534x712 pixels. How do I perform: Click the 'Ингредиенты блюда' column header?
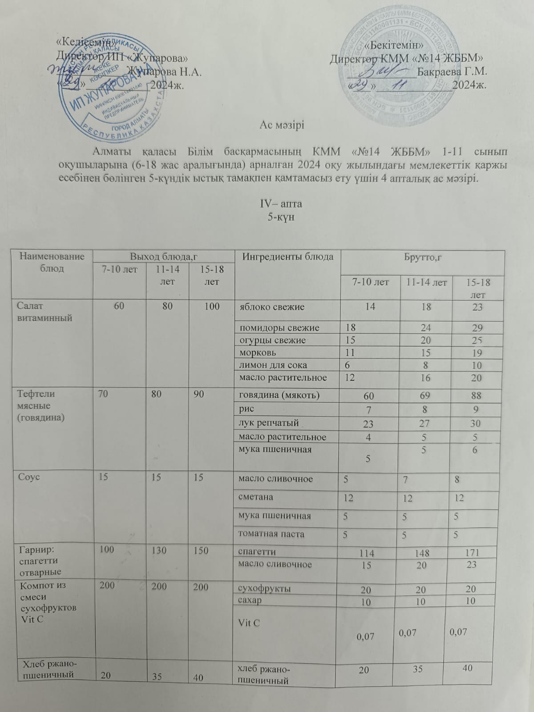pyautogui.click(x=287, y=257)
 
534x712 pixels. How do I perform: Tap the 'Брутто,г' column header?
pyautogui.click(x=422, y=257)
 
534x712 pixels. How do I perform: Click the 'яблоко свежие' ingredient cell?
pyautogui.click(x=272, y=307)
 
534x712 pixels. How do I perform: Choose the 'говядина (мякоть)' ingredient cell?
pyautogui.click(x=279, y=395)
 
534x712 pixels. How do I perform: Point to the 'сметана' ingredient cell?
pyautogui.click(x=255, y=497)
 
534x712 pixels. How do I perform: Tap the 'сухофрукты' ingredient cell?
pyautogui.click(x=265, y=589)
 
